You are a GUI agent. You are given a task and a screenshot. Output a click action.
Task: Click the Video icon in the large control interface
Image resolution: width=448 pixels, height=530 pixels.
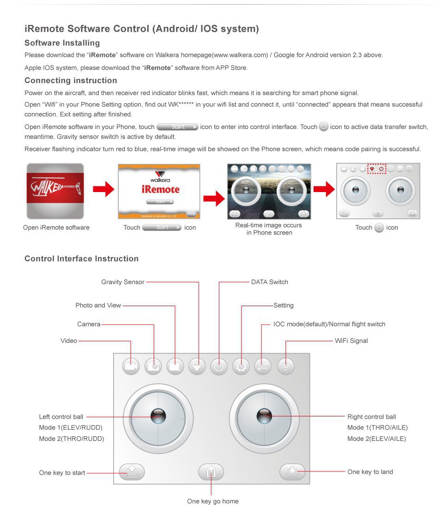click(x=131, y=366)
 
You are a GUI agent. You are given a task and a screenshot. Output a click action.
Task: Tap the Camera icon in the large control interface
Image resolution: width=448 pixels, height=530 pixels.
click(x=153, y=366)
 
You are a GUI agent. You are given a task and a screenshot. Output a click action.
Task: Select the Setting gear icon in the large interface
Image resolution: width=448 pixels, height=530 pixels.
click(x=241, y=367)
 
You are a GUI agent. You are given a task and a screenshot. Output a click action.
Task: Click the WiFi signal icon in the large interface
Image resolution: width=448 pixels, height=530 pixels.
click(x=286, y=367)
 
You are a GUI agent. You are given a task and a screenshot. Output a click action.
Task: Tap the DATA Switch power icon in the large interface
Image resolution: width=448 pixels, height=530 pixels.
click(x=219, y=367)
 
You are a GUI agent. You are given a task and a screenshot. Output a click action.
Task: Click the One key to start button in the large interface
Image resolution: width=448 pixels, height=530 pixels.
click(x=132, y=472)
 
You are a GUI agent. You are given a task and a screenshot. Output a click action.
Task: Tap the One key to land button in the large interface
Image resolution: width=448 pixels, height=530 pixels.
click(x=292, y=471)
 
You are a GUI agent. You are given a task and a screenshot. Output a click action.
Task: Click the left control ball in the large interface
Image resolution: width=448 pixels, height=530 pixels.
click(x=158, y=416)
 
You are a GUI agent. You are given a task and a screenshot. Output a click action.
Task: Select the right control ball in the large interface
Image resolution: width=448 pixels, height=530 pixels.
click(x=264, y=416)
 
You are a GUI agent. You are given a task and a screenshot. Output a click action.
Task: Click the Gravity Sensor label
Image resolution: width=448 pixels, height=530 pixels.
click(x=123, y=282)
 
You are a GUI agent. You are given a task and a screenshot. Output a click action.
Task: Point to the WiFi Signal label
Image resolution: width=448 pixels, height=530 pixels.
click(x=351, y=341)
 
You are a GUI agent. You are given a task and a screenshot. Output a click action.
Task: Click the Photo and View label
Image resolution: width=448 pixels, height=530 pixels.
click(x=98, y=305)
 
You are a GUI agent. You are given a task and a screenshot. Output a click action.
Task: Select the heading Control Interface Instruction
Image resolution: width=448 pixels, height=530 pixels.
click(x=81, y=259)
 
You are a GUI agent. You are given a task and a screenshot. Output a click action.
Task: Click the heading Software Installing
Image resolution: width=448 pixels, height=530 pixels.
click(x=62, y=43)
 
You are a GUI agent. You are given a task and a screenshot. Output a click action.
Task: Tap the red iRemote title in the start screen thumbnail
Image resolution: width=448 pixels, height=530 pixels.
click(x=160, y=189)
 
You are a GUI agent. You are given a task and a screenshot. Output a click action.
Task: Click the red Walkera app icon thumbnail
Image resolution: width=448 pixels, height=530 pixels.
click(x=55, y=191)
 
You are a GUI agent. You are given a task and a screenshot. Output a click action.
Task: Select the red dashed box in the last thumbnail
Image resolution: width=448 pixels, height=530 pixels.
click(x=376, y=169)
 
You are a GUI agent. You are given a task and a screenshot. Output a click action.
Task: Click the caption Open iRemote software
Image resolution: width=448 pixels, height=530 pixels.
click(x=56, y=228)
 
